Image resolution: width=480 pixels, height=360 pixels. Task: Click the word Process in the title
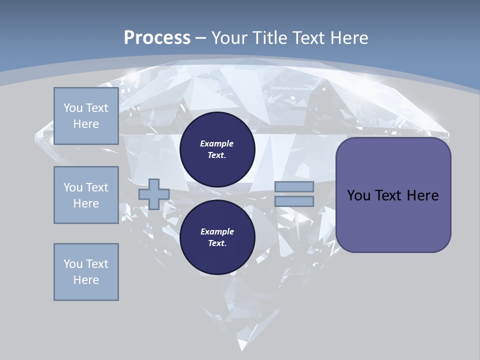point(157,38)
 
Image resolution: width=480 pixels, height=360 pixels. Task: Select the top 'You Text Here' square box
point(86,116)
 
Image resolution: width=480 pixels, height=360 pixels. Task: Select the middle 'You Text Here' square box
point(86,195)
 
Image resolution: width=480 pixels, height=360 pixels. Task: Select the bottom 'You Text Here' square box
point(86,272)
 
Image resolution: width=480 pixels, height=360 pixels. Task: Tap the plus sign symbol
point(153,194)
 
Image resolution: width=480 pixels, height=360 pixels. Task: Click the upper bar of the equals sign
point(294,187)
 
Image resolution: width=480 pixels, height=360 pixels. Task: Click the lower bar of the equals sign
point(294,201)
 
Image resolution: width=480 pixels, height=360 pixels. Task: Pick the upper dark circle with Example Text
point(217,149)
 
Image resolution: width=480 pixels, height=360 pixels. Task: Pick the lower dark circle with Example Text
point(217,237)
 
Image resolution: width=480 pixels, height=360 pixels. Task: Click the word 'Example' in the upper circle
point(217,143)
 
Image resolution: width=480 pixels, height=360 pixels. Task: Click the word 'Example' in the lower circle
point(217,231)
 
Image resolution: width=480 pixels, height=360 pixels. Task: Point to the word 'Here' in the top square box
point(86,124)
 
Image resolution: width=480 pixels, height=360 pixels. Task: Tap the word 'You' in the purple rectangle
point(358,195)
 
